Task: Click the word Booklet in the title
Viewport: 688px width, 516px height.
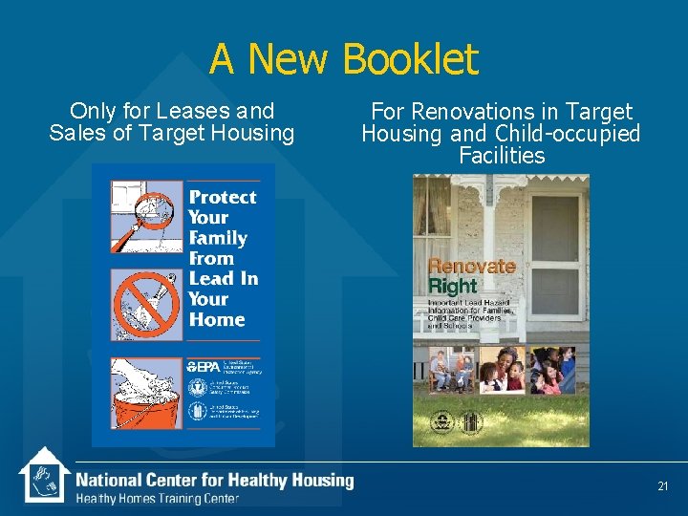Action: (x=409, y=59)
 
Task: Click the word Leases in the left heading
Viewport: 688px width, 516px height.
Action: (x=182, y=112)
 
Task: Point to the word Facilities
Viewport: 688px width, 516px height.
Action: (x=502, y=156)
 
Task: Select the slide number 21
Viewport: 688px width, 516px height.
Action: (x=663, y=487)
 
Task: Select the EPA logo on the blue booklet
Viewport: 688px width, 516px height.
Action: (x=204, y=366)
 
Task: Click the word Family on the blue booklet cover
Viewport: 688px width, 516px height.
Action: (x=217, y=238)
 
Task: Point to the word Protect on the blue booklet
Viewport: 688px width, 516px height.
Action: (x=222, y=197)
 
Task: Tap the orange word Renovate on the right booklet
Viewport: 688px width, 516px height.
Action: (x=471, y=267)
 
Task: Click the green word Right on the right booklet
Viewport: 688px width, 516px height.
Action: (x=452, y=286)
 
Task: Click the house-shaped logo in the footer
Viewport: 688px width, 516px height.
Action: (x=42, y=475)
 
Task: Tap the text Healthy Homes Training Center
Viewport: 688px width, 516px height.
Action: (x=157, y=499)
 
